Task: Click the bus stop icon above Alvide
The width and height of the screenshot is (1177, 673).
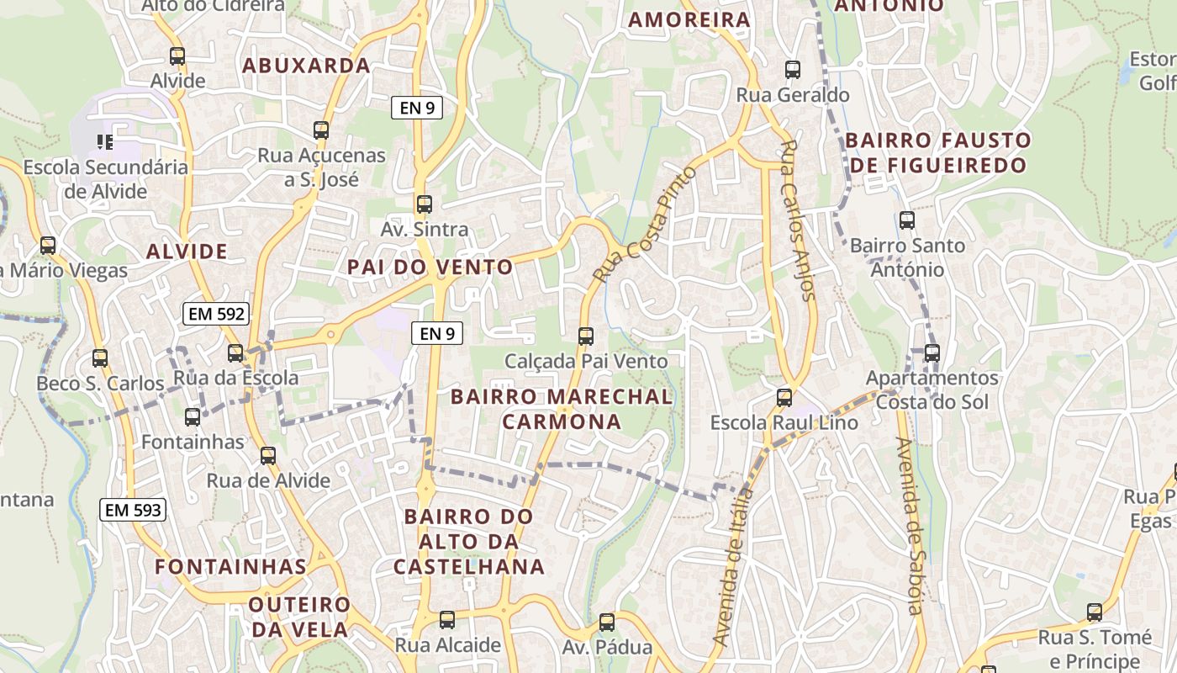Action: tap(177, 57)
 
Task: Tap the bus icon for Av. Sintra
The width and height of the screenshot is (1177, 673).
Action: tap(425, 204)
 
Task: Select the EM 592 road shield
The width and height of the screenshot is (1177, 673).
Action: tap(217, 314)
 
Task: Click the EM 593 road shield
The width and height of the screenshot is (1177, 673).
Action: tap(133, 509)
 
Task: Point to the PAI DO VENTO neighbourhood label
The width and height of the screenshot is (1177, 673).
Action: tap(430, 268)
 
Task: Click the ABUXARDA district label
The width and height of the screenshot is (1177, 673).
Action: tap(306, 66)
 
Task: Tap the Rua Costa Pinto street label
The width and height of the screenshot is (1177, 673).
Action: tap(645, 225)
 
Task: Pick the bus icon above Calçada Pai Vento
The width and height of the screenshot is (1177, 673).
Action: tap(586, 336)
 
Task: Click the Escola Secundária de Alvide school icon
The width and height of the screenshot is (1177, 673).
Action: tap(104, 142)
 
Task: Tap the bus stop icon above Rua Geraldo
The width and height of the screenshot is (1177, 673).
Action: tap(792, 70)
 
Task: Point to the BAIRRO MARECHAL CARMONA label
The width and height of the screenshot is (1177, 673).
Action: tap(562, 409)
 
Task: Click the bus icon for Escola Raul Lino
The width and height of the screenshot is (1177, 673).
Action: tap(784, 398)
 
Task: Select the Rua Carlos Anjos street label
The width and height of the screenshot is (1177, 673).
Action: tap(797, 220)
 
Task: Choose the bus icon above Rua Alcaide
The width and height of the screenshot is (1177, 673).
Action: tap(447, 620)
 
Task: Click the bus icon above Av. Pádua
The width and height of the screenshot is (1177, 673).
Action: tap(606, 623)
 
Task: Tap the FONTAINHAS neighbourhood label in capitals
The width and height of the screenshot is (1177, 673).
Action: tap(230, 566)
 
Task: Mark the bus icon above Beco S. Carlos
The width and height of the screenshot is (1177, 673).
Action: tap(100, 358)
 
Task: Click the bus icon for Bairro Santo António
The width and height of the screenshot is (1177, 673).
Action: tap(907, 220)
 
